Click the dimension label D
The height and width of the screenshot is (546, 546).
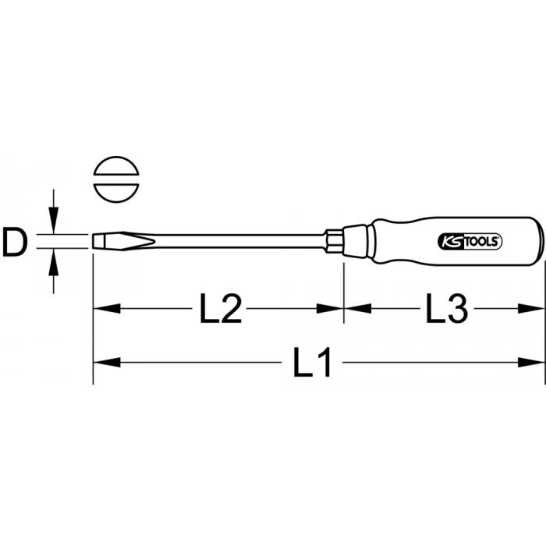14,241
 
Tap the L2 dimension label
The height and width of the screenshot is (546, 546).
221,309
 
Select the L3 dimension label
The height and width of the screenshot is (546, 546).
447,308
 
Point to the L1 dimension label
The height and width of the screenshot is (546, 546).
311,363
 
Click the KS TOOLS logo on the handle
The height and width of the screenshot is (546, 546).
469,242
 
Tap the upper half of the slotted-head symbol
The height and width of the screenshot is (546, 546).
116,165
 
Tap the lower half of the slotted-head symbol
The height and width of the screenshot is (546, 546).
116,193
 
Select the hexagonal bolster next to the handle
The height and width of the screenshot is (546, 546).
334,241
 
